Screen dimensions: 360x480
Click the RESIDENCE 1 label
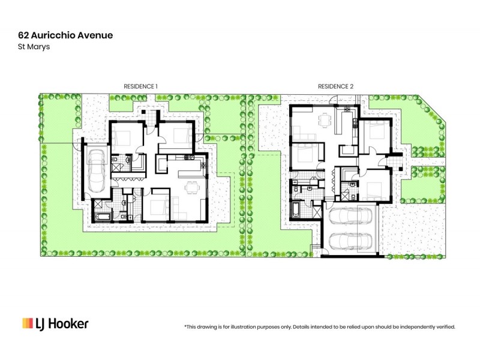click(x=140, y=86)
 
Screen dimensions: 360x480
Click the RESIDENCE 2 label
click(x=335, y=86)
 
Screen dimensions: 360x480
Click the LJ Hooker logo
click(x=55, y=323)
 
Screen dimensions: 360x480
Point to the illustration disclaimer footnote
click(x=319, y=327)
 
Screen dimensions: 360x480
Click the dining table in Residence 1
click(x=191, y=188)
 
